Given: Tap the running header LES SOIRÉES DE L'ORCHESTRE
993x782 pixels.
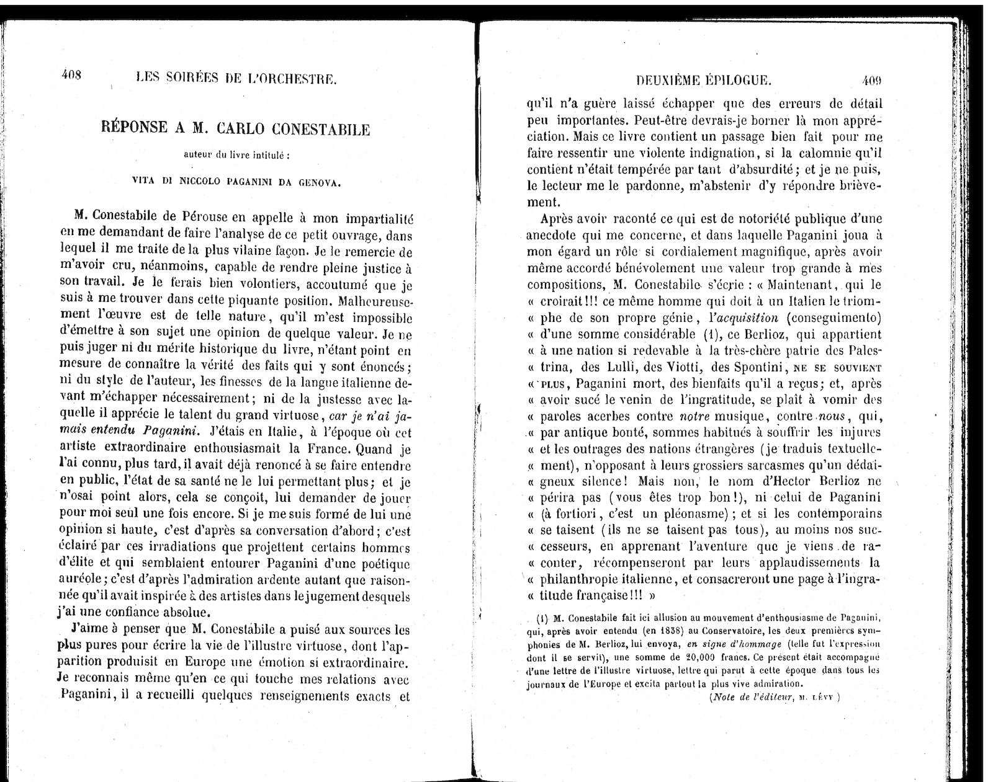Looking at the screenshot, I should pos(236,78).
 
